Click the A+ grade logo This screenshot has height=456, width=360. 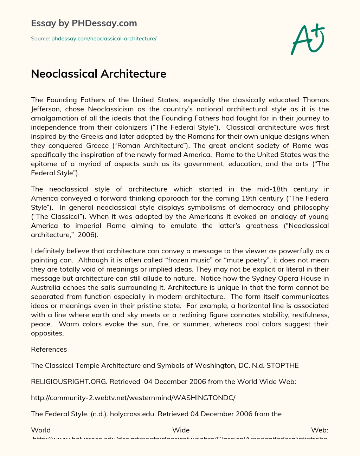coord(307,39)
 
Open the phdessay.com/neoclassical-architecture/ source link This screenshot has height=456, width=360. coord(104,39)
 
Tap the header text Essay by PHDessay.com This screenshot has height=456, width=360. coord(84,24)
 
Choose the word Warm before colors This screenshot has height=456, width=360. coord(69,324)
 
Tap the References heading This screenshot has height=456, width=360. coord(49,349)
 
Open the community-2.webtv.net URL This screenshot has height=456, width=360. coord(133,398)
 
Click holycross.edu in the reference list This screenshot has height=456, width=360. coord(133,414)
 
